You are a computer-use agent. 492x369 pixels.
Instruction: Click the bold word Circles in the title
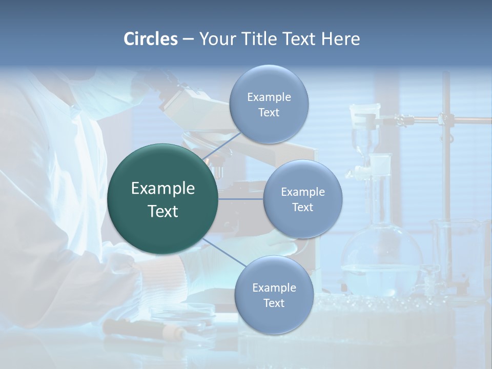click(150, 39)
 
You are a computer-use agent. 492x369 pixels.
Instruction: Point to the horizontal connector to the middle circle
click(241, 199)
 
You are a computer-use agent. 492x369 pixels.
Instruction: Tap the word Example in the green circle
click(163, 189)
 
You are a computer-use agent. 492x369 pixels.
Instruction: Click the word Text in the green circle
click(163, 211)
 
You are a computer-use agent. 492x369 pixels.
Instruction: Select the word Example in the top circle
click(269, 97)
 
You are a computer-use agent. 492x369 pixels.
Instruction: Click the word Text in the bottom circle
click(274, 303)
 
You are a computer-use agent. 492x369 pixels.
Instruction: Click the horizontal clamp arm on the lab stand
click(441, 120)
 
